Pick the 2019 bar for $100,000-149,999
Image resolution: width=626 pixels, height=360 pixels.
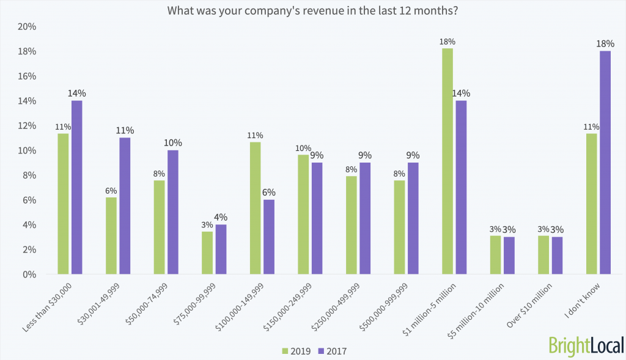255,208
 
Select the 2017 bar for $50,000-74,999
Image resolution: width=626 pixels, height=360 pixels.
172,212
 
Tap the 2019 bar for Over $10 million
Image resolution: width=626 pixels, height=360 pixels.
543,255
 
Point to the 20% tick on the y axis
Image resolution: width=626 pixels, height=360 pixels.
27,27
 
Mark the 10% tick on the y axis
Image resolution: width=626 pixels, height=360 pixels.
27,151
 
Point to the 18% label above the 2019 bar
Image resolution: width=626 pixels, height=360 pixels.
447,42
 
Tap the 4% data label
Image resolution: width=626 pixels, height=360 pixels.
221,217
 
